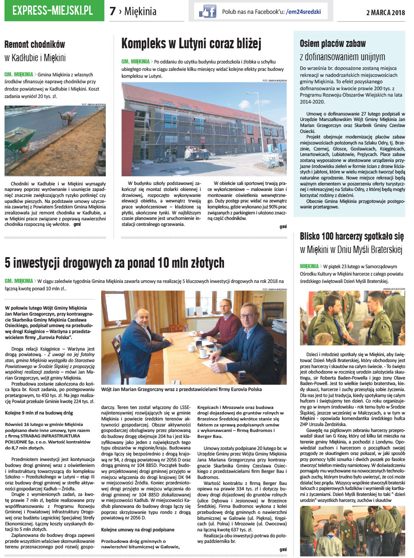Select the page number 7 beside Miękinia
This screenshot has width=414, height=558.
(113, 12)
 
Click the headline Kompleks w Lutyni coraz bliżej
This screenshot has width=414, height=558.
(191, 44)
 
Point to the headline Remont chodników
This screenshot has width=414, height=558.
(34, 45)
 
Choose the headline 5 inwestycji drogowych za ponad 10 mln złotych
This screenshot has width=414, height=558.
(115, 263)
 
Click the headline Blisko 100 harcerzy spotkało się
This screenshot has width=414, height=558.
(352, 236)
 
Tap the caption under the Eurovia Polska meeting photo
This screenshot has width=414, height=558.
(181, 389)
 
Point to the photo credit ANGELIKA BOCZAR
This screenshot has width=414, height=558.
(393, 288)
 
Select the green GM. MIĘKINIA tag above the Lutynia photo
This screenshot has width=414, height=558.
(135, 61)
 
